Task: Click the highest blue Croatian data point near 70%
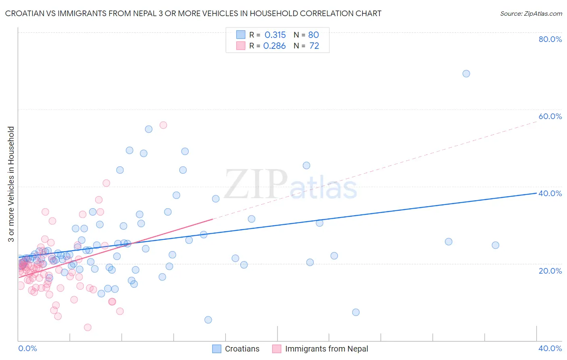click(466, 73)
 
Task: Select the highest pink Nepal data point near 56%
click(163, 125)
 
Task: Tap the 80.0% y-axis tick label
click(550, 39)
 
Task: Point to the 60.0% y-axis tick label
click(550, 116)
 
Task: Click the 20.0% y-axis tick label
click(550, 271)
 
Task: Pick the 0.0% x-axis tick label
click(27, 349)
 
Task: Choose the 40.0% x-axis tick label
click(550, 349)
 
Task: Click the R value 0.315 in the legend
click(275, 35)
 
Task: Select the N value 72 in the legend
click(314, 46)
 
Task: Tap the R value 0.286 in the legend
click(275, 46)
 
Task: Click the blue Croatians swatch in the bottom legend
click(217, 349)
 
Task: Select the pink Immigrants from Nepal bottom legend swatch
click(277, 349)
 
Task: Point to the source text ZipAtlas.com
click(531, 14)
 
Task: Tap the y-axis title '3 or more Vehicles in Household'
click(11, 184)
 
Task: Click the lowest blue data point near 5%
click(208, 320)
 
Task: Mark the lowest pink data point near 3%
click(88, 327)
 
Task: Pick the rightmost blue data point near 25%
click(495, 245)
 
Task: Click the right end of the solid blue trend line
click(536, 193)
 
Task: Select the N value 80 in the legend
click(313, 35)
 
